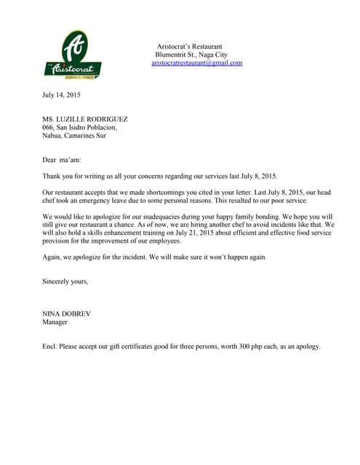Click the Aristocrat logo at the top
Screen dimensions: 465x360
[72, 55]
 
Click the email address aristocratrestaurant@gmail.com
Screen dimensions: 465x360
[196, 63]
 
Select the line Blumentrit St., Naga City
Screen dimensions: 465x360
[191, 54]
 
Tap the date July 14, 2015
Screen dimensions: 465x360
[62, 94]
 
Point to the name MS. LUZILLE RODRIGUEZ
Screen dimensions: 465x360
[85, 119]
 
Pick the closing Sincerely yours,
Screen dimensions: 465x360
[65, 280]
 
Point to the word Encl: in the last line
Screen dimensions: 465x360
[50, 346]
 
